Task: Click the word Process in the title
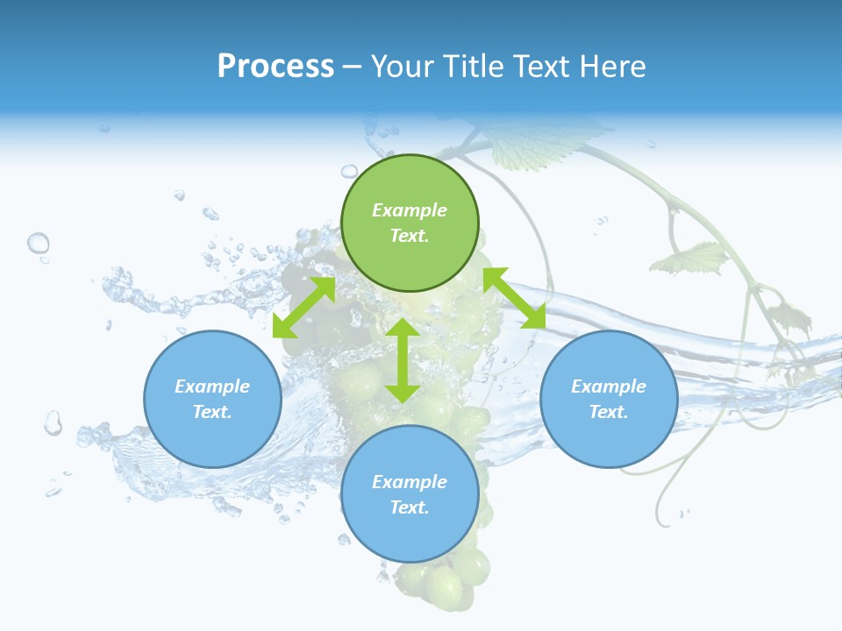pyautogui.click(x=275, y=66)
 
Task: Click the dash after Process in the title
pyautogui.click(x=352, y=67)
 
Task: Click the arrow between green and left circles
pyautogui.click(x=303, y=308)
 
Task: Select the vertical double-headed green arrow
pyautogui.click(x=403, y=360)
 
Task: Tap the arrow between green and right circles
pyautogui.click(x=515, y=298)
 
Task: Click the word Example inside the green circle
pyautogui.click(x=410, y=210)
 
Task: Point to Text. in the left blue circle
pyautogui.click(x=212, y=412)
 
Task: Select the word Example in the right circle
pyautogui.click(x=609, y=386)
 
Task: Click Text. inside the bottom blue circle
pyautogui.click(x=410, y=507)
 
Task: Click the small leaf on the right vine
pyautogui.click(x=693, y=258)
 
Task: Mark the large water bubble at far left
pyautogui.click(x=38, y=243)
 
